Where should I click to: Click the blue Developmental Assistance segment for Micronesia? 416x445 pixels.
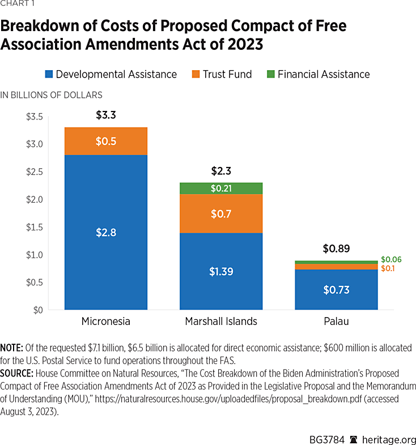(x=106, y=232)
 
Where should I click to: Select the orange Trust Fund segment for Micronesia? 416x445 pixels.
(x=106, y=141)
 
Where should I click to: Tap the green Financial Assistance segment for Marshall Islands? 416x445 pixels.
(x=221, y=188)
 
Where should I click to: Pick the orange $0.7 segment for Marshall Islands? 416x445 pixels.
(x=221, y=213)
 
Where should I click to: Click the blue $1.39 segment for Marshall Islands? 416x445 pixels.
(x=221, y=271)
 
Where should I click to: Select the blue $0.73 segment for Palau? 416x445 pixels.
(x=336, y=289)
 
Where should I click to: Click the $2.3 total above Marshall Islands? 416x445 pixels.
(x=221, y=171)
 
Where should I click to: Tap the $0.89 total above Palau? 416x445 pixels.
(x=336, y=249)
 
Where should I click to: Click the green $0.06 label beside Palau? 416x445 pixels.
(x=392, y=259)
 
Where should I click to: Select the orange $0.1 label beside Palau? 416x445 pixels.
(x=388, y=268)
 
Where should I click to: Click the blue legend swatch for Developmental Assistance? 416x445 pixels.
(x=49, y=74)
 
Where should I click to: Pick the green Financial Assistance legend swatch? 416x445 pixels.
(x=270, y=74)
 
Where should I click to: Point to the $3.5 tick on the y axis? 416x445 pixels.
(x=35, y=117)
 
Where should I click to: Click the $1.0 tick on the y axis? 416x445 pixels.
(x=35, y=255)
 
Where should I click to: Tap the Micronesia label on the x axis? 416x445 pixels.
(x=106, y=322)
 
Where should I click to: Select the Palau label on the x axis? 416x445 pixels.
(x=336, y=322)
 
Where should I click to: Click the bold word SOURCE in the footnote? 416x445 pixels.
(x=20, y=374)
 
